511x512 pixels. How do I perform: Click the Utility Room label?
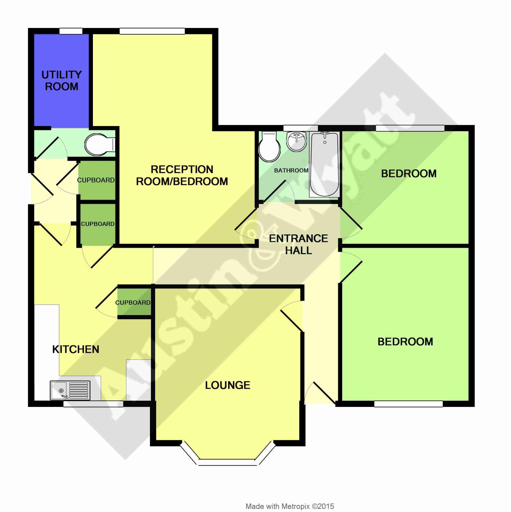pyautogui.click(x=61, y=81)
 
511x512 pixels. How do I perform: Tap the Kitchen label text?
pyautogui.click(x=75, y=349)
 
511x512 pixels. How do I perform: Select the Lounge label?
pyautogui.click(x=227, y=385)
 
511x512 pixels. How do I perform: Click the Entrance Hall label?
pyautogui.click(x=298, y=244)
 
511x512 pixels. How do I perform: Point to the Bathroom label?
pyautogui.click(x=291, y=170)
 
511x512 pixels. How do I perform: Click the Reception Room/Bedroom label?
pyautogui.click(x=182, y=175)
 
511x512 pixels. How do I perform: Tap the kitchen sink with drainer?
pyautogui.click(x=70, y=390)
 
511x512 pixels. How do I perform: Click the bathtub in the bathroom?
pyautogui.click(x=324, y=165)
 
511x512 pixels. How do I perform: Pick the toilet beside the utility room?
pyautogui.click(x=100, y=145)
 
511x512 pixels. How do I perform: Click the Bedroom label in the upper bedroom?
pyautogui.click(x=409, y=173)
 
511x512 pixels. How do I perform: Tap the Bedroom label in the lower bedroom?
pyautogui.click(x=405, y=342)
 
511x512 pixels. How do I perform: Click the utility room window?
pyautogui.click(x=71, y=31)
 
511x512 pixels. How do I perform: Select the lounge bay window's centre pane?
pyautogui.click(x=227, y=462)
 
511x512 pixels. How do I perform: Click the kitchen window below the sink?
pyautogui.click(x=93, y=404)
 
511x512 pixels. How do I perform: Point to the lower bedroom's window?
pyautogui.click(x=409, y=404)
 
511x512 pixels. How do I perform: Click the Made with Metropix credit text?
pyautogui.click(x=290, y=506)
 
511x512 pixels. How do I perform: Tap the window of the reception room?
pyautogui.click(x=152, y=31)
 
